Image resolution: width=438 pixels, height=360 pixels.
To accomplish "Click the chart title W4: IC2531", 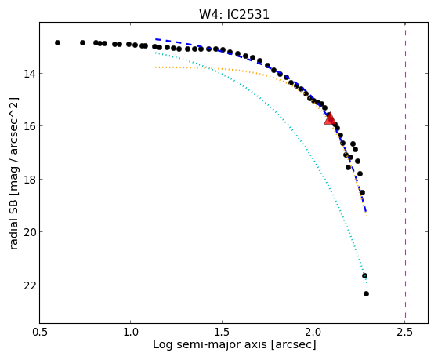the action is pos(234,14).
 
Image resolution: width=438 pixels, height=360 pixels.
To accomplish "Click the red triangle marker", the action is pos(330,118).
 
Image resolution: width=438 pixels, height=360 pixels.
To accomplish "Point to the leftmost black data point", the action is pos(57,43).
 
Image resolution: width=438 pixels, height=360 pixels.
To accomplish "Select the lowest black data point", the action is pos(366,293).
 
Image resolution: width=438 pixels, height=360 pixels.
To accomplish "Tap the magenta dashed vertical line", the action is pos(405,173).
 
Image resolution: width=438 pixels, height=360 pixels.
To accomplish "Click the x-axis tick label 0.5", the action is pos(40,332).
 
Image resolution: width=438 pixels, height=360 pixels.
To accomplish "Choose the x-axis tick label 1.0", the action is pos(131,332).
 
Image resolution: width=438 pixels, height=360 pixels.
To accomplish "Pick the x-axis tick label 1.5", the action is pos(222,332).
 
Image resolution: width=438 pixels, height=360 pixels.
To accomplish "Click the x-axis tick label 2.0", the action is pos(313,332).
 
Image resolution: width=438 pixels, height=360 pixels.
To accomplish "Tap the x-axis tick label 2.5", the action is pos(404,332).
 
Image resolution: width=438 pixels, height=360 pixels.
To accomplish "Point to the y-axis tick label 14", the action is pos(30,74).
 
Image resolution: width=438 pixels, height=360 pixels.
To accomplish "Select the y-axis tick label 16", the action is pos(30,126).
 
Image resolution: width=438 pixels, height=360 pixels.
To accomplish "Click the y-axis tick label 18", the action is pos(30,179).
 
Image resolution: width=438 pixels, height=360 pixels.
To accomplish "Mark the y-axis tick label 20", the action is pos(30,232).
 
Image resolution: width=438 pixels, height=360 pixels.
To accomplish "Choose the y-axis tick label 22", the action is pos(30,285).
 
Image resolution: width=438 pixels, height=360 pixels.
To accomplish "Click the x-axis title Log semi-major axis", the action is pos(210,345).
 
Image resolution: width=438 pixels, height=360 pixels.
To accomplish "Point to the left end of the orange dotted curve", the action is pos(156,67).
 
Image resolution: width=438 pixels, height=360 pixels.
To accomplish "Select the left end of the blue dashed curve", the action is pos(156,39).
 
